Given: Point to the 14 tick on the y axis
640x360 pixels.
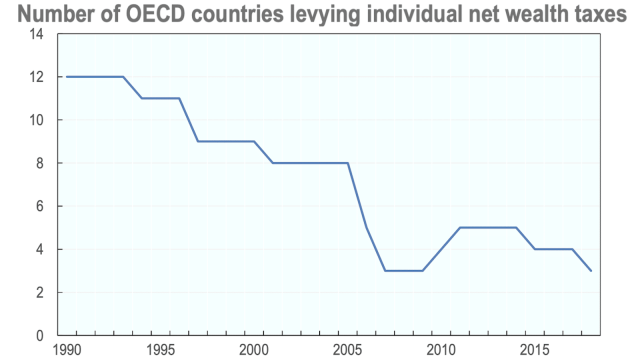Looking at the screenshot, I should click(37, 34).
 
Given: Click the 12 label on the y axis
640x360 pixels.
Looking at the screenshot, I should click(37, 77).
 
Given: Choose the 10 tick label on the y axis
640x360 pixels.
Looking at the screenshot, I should click(37, 120).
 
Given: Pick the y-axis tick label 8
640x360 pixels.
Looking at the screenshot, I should click(41, 163).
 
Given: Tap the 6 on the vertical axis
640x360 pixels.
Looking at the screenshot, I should click(41, 206).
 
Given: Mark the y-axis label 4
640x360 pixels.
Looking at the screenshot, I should click(41, 249).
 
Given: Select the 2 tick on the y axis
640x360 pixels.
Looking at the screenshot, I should click(41, 292).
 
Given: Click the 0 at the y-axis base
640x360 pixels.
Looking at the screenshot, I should click(41, 335).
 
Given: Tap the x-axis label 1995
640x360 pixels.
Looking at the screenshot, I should click(162, 350).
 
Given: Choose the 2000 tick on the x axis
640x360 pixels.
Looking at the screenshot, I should click(255, 350).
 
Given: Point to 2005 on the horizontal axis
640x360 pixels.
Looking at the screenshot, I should click(348, 350).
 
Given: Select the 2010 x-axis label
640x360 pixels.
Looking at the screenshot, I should click(441, 350).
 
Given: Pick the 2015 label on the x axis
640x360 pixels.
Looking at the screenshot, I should click(534, 350).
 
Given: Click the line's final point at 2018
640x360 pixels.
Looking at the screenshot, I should click(590, 270).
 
